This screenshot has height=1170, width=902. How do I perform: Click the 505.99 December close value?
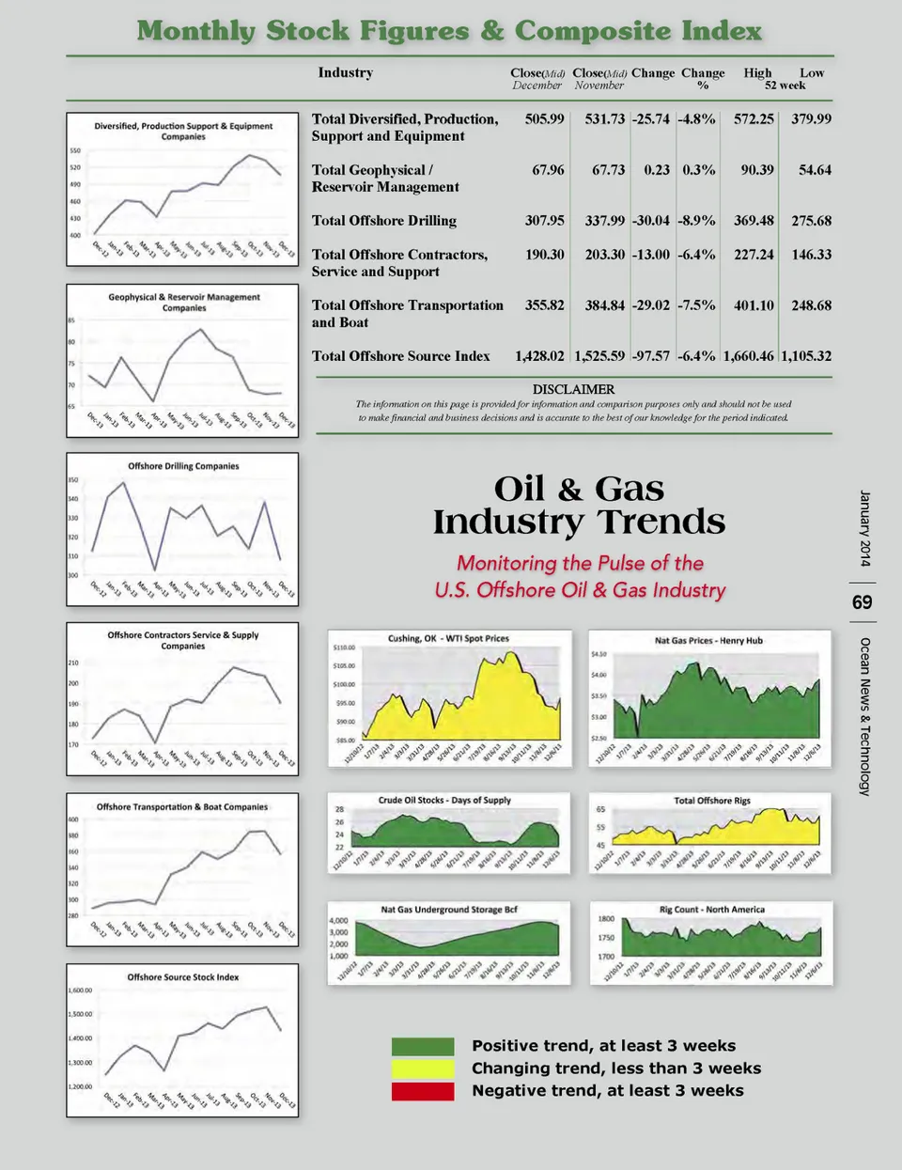tap(544, 119)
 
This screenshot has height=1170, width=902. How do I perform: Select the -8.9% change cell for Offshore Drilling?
tap(696, 221)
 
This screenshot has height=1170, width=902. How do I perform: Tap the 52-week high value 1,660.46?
tap(748, 356)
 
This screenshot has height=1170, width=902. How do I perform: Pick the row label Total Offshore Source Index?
tap(400, 356)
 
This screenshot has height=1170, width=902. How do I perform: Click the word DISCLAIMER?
tap(573, 389)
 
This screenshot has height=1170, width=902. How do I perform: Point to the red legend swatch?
tap(423, 1091)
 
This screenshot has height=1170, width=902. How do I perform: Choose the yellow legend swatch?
tap(423, 1069)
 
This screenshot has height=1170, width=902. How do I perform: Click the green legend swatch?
tap(423, 1046)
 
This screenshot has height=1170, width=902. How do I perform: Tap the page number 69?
tap(862, 602)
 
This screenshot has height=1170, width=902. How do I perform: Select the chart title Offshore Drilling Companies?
tap(183, 466)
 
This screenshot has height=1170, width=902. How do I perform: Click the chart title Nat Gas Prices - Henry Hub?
tap(708, 641)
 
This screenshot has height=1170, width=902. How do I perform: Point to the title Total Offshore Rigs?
tap(712, 801)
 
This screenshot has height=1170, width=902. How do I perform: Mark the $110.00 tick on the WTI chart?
tap(344, 647)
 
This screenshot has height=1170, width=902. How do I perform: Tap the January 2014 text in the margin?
tap(864, 528)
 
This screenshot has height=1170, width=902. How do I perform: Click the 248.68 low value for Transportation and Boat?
tap(811, 305)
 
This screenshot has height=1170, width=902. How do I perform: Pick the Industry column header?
tap(345, 73)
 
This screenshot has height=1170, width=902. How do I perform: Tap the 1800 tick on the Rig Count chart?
tap(607, 919)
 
